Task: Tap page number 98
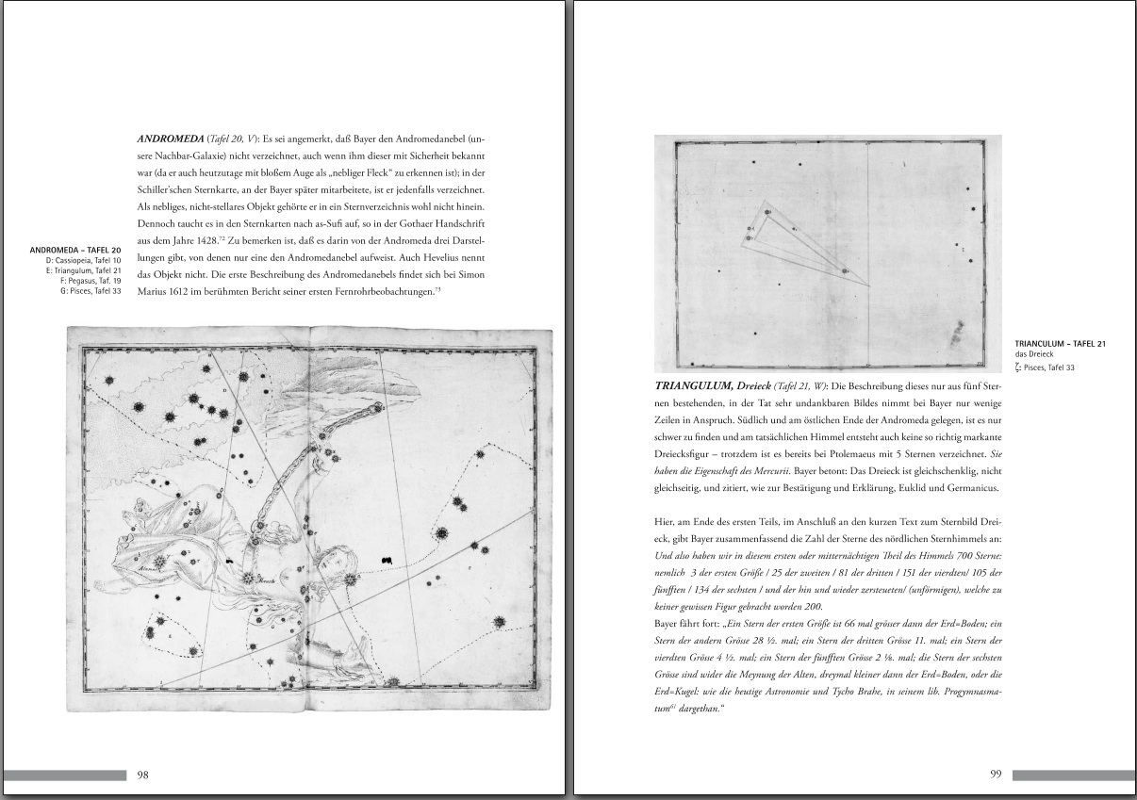143,775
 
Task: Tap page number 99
996,775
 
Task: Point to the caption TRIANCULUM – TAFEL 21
1061,344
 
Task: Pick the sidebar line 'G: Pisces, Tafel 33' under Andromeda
91,291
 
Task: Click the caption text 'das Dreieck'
1032,354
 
